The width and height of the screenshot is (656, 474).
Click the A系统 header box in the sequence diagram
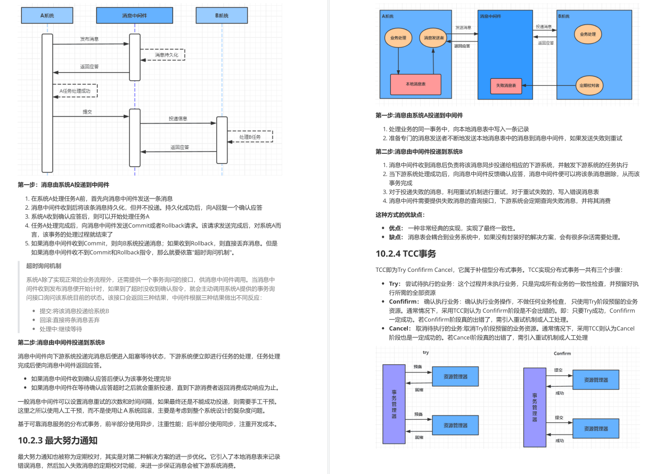pyautogui.click(x=47, y=16)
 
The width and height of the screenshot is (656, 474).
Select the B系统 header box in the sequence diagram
pyautogui.click(x=222, y=16)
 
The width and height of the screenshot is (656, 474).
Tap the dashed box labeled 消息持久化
pyautogui.click(x=162, y=54)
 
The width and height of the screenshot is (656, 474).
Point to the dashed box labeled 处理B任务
pyautogui.click(x=250, y=137)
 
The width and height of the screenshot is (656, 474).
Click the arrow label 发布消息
pyautogui.click(x=89, y=39)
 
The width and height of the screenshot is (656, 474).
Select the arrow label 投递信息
pyautogui.click(x=178, y=119)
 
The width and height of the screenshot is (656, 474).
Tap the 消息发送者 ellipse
pyautogui.click(x=433, y=38)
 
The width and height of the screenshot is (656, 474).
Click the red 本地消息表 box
pyautogui.click(x=415, y=84)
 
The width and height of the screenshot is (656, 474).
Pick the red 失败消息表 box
pyautogui.click(x=506, y=85)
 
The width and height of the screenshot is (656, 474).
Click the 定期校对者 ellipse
pyautogui.click(x=589, y=85)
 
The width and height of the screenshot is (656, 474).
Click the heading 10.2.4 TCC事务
pyautogui.click(x=406, y=254)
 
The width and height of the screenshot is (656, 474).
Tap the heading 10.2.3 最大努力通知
pyautogui.click(x=58, y=440)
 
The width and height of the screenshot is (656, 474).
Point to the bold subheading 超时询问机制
pyautogui.click(x=44, y=265)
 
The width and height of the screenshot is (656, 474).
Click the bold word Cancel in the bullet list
pyautogui.click(x=400, y=328)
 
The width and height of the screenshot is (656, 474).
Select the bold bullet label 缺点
pyautogui.click(x=396, y=237)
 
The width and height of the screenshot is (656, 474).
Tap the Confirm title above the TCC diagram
pyautogui.click(x=562, y=353)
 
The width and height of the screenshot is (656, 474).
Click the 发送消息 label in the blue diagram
pyautogui.click(x=463, y=27)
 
